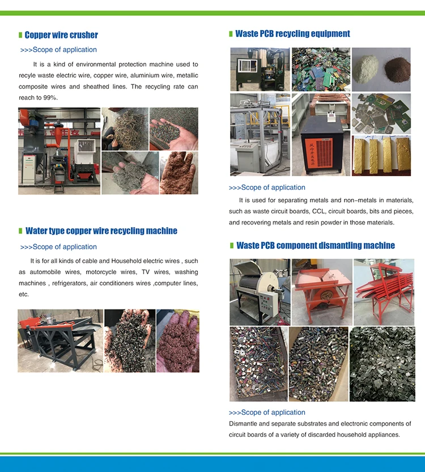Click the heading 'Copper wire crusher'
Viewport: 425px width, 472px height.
61,35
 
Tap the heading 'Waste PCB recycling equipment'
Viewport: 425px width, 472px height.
292,33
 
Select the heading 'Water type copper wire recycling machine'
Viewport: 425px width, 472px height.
101,231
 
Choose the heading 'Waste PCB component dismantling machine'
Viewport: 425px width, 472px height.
315,245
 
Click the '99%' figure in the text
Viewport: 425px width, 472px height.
50,97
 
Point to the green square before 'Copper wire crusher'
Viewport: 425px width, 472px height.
20,35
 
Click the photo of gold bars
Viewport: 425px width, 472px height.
381,155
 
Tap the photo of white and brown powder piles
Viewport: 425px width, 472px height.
381,69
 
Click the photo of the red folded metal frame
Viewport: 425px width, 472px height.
384,291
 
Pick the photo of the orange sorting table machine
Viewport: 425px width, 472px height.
321,291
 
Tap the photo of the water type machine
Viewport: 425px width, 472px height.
60,340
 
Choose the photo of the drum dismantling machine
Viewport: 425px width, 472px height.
260,291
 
